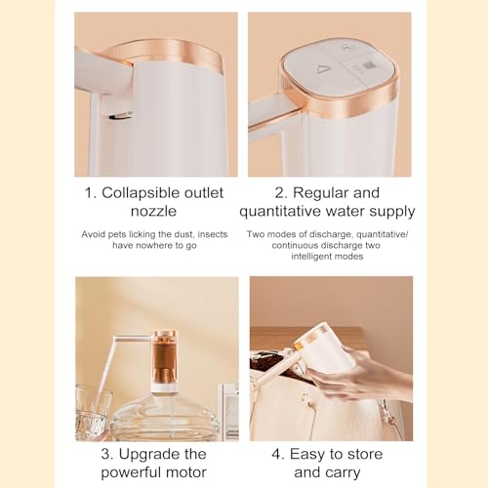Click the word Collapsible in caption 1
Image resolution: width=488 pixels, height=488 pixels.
point(144,192)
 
